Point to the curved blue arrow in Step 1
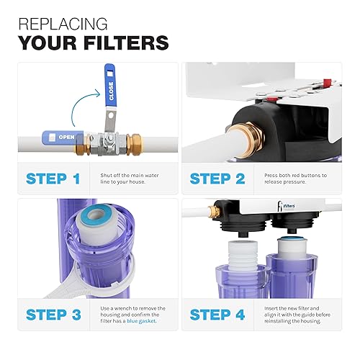79,108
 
